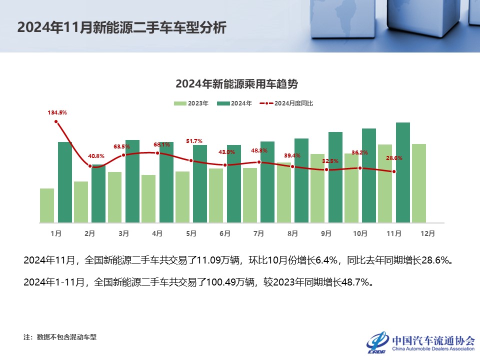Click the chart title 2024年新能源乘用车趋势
tap(240, 83)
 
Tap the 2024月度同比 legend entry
tap(287, 103)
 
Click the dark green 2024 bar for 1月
tap(65, 182)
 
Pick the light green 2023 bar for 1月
tap(47, 205)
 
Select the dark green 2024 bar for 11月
tap(403, 172)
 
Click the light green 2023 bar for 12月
tap(419, 183)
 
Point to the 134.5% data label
tap(57, 112)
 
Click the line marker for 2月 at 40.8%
tap(90, 166)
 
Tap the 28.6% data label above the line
tap(394, 158)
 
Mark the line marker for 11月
tap(394, 171)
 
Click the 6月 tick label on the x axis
tap(225, 233)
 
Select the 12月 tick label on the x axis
tap(428, 233)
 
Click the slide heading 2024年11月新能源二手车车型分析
tap(121, 27)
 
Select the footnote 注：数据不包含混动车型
tap(60, 337)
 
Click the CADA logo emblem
tap(378, 342)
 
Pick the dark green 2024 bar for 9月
tap(335, 177)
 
